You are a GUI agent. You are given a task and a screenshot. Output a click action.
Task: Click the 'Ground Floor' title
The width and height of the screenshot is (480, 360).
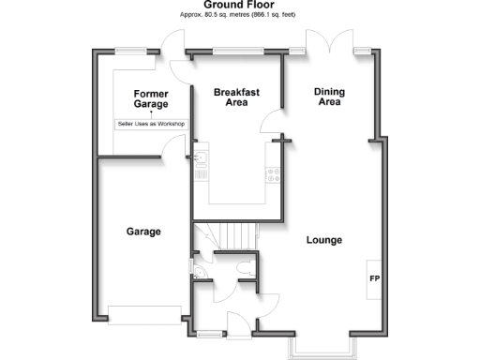(x=239, y=6)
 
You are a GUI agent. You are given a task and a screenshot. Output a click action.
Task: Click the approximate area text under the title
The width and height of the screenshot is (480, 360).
(x=239, y=16)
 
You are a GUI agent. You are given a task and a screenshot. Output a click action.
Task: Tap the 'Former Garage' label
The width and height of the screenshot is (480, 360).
(x=150, y=99)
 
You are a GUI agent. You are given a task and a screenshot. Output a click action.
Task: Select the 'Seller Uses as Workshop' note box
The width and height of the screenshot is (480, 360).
(x=150, y=124)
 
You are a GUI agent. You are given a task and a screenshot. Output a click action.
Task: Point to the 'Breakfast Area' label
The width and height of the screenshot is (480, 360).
(x=236, y=97)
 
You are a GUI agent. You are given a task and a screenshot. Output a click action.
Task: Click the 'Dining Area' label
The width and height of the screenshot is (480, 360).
(x=328, y=97)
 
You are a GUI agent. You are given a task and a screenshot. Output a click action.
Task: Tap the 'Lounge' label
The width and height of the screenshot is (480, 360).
(x=324, y=240)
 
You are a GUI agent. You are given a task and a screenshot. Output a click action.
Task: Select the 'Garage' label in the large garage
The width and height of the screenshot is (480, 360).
(x=143, y=231)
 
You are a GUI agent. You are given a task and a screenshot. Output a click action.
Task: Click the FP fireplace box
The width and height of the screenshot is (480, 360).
(x=374, y=279)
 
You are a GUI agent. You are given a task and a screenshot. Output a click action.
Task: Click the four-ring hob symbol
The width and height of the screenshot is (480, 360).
(x=274, y=173)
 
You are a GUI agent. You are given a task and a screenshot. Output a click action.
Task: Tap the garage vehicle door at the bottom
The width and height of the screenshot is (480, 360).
(x=143, y=314)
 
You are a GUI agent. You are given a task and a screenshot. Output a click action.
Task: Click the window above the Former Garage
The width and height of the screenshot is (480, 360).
(x=130, y=51)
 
